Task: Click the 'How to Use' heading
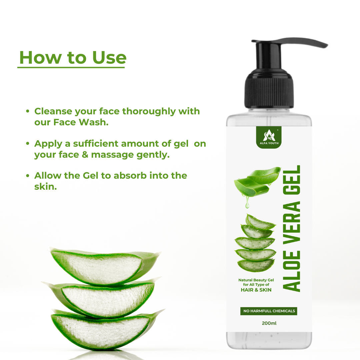coord(73,57)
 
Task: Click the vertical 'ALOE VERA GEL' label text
coord(293,228)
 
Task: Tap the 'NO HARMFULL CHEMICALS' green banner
coord(269,311)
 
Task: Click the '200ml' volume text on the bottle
coord(269,323)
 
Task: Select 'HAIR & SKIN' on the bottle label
coord(256,290)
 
